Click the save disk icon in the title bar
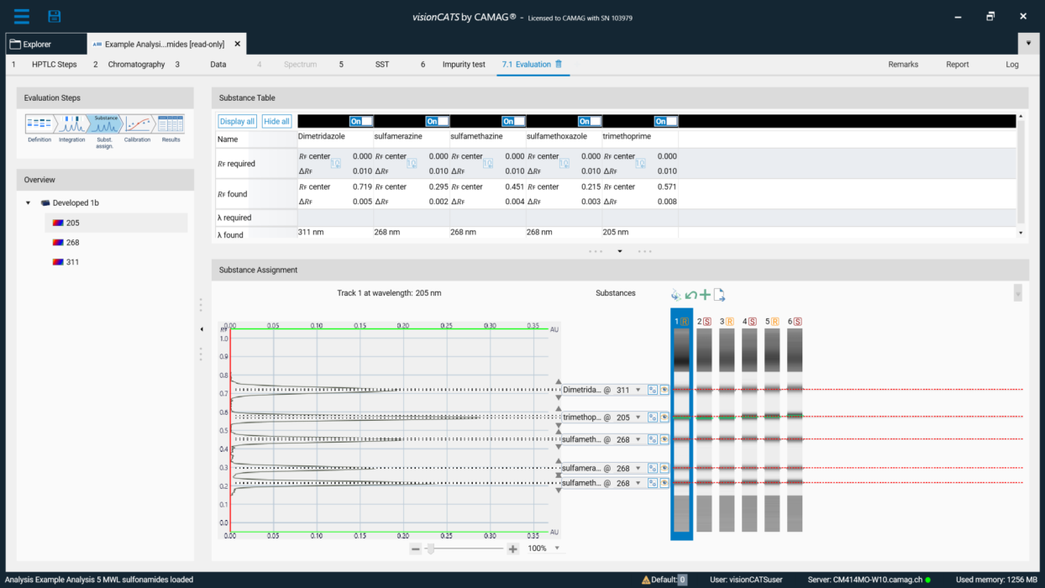pos(55,16)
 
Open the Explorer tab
pos(37,44)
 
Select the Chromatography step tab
pos(136,64)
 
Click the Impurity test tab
pos(464,64)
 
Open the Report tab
pos(957,64)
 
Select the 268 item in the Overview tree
pos(72,242)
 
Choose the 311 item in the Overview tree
pos(72,262)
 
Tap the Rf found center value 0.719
pos(362,186)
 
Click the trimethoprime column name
pos(627,136)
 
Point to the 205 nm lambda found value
pos(616,231)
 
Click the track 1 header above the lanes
pos(681,321)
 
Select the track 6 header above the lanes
pos(794,321)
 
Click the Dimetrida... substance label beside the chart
pos(583,390)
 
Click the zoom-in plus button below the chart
pos(513,549)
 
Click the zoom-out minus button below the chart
pos(416,549)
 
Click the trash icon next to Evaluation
pos(559,64)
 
